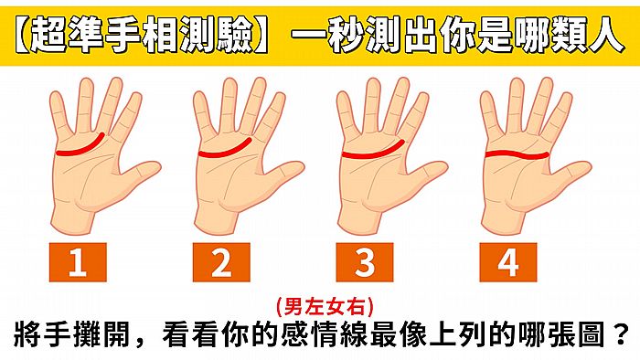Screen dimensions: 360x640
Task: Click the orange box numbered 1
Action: click(x=78, y=263)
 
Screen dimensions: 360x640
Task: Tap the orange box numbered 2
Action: click(x=221, y=263)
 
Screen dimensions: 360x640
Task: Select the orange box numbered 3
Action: click(x=365, y=263)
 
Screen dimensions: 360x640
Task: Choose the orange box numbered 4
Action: click(x=508, y=263)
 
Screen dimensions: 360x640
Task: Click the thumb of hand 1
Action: click(x=144, y=174)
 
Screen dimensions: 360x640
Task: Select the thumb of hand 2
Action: click(x=287, y=174)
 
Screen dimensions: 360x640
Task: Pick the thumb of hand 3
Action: click(x=431, y=174)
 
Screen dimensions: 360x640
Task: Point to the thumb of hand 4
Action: click(x=574, y=174)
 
